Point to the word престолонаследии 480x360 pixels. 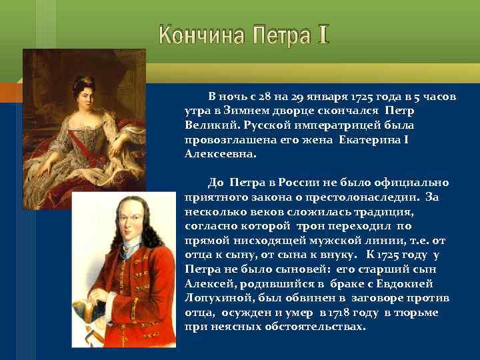[360, 197]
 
